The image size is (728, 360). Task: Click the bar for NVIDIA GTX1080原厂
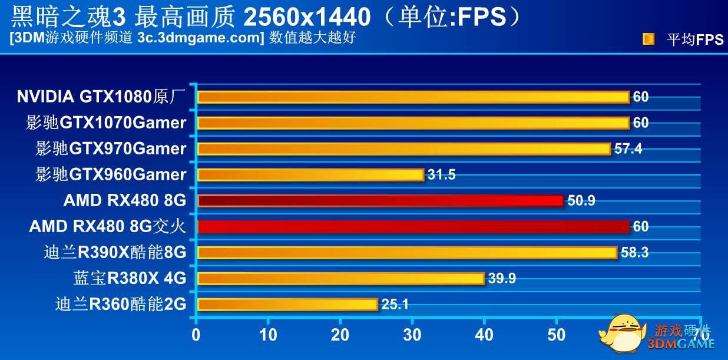413,97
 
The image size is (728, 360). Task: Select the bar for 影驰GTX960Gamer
310,174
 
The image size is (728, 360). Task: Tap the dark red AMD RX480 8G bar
380,201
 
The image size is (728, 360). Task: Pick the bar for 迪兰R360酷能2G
287,304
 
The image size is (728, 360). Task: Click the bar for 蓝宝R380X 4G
340,278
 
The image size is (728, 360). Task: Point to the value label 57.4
628,148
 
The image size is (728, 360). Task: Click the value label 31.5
441,174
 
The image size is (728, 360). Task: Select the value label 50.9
581,201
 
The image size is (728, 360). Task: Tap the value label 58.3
634,252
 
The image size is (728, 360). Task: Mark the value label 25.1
395,304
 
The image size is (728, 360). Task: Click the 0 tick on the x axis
196,335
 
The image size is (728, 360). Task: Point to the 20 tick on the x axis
340,335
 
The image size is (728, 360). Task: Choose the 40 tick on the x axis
484,335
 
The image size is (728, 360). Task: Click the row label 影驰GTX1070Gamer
106,123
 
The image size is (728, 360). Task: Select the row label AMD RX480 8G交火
107,227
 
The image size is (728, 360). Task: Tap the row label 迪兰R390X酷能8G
115,253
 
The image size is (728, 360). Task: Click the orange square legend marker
648,39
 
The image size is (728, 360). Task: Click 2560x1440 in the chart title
306,18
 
